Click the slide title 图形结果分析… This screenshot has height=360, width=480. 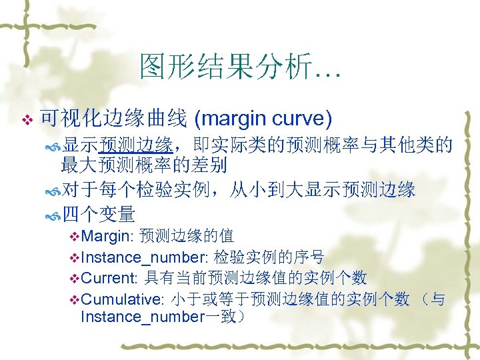240,67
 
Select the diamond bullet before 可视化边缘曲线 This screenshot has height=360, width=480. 27,120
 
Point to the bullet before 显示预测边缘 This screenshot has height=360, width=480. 53,146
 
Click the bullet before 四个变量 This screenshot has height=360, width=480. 53,215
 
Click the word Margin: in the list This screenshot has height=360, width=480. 108,236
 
